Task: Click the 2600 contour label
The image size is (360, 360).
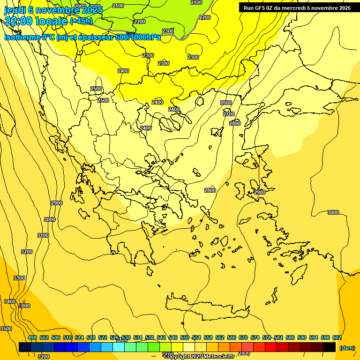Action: pos(226,103)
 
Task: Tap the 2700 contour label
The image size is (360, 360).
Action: pos(229,114)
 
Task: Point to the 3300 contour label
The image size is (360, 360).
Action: pos(19,278)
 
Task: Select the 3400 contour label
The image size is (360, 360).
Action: pos(10,301)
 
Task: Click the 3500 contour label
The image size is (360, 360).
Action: pos(6,329)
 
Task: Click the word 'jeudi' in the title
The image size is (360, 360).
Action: pos(15,10)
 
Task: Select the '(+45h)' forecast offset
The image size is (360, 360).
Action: pos(81,21)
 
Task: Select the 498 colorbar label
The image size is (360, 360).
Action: pos(32,337)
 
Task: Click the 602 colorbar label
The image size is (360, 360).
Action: pos(337,337)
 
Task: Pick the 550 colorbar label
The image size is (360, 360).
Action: pos(185,337)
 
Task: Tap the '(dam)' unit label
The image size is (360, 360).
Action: pos(347,347)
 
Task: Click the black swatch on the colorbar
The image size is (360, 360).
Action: pos(330,347)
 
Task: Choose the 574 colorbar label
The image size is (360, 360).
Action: pos(255,337)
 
